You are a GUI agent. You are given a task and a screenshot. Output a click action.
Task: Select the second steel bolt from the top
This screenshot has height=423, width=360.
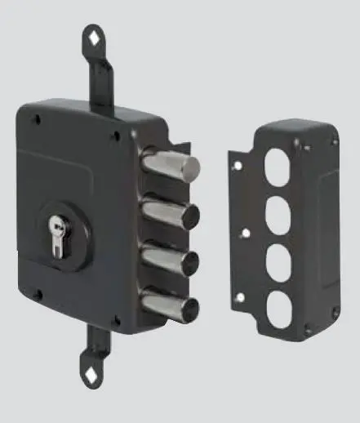point(167,215)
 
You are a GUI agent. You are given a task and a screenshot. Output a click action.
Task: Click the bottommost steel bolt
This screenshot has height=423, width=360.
point(167,305)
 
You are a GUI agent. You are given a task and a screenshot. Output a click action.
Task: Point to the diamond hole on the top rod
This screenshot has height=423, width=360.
point(95,37)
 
